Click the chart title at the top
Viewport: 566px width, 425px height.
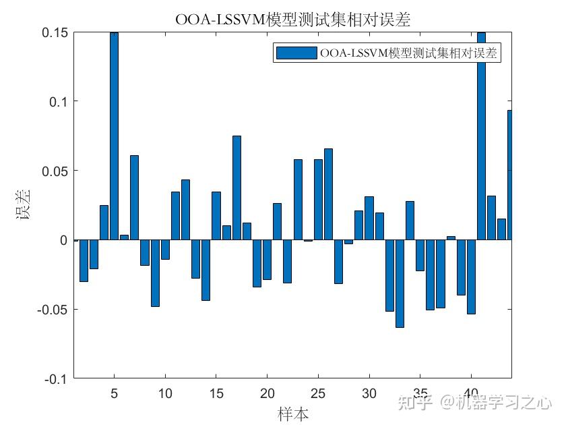click(x=292, y=20)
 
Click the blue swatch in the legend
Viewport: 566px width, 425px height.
click(x=295, y=53)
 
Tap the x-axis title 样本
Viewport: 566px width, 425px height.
click(x=293, y=413)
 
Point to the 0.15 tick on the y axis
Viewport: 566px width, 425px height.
click(x=55, y=32)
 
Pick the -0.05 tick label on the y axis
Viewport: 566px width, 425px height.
click(x=51, y=309)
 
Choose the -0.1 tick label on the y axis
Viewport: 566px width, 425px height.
click(x=55, y=378)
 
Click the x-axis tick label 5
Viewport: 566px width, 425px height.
click(x=114, y=393)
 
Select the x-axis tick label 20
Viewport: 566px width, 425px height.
click(x=267, y=393)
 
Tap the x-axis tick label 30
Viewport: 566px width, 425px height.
click(x=369, y=393)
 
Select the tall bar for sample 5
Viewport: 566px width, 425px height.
click(x=114, y=135)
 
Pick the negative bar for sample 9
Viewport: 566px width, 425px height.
click(x=155, y=273)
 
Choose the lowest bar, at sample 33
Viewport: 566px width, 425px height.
click(x=400, y=283)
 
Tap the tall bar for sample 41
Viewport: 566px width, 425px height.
click(x=481, y=135)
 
